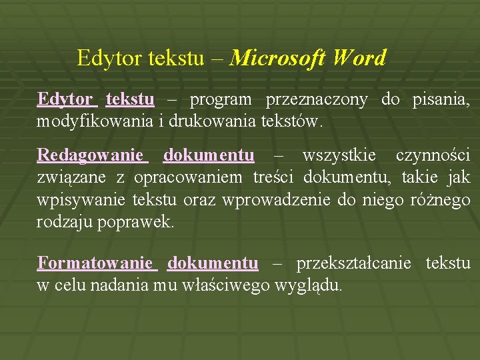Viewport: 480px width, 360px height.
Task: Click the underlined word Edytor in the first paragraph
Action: (65, 100)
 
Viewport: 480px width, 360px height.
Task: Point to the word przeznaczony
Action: (316, 100)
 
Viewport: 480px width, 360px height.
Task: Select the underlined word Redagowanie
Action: (90, 156)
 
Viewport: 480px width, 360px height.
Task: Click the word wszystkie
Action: (339, 156)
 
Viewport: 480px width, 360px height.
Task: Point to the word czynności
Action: (433, 156)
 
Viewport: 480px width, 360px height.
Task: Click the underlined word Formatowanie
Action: (95, 263)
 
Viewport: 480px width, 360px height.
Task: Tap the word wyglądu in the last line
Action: (313, 285)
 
